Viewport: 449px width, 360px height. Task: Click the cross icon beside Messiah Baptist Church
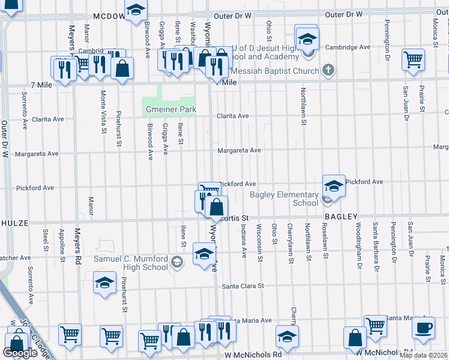point(327,71)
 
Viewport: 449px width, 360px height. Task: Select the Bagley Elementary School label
point(284,199)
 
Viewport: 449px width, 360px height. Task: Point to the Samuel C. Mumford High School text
point(130,263)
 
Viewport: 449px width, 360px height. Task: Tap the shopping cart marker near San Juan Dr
point(413,60)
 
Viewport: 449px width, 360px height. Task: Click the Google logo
point(20,353)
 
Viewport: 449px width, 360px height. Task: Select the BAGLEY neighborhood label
point(341,217)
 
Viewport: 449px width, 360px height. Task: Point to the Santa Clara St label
point(243,286)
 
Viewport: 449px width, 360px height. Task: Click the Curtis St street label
point(235,218)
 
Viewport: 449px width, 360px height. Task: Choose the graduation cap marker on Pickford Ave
point(334,185)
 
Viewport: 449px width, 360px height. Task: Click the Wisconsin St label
point(259,242)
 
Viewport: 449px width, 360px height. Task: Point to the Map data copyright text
point(424,355)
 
